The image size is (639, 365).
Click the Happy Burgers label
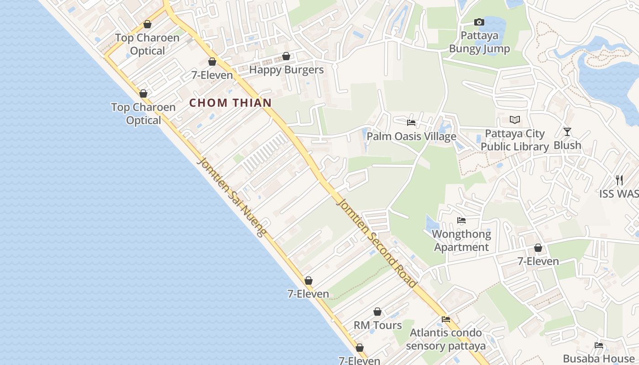(286, 70)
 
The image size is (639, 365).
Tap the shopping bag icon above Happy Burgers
(286, 56)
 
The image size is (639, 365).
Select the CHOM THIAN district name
(230, 103)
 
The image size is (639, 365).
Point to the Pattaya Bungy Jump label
(479, 42)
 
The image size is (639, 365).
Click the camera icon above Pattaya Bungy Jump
(479, 22)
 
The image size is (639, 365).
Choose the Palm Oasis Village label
(411, 136)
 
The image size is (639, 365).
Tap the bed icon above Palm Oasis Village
(411, 123)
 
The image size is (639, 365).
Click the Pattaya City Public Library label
(515, 140)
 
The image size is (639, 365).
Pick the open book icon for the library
(515, 120)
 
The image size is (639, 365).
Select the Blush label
(567, 145)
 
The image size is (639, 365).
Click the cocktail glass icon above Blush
(567, 132)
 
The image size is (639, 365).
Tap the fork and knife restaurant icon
(619, 180)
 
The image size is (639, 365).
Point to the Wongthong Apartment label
(461, 240)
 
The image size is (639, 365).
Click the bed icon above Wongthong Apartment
(461, 220)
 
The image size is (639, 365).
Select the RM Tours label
(377, 325)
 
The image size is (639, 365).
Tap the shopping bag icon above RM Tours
(377, 312)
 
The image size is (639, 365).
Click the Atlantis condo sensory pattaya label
(445, 339)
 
